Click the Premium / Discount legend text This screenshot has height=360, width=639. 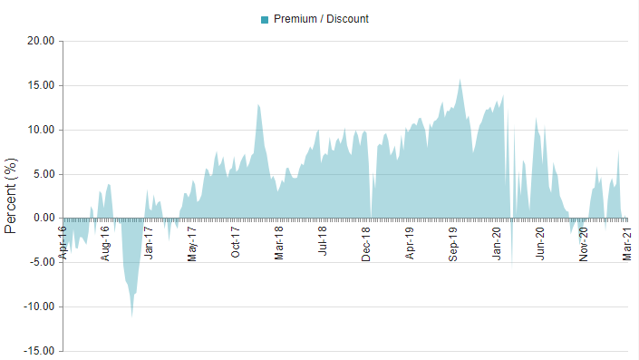(x=321, y=19)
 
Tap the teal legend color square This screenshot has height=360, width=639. (x=265, y=19)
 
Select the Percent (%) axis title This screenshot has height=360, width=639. (x=11, y=195)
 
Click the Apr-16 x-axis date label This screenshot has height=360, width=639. (x=63, y=241)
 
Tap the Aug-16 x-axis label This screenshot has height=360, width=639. (x=106, y=242)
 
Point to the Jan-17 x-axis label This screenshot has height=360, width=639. (x=150, y=242)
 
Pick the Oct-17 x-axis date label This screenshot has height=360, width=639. (x=236, y=242)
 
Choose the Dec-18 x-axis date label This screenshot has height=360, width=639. (x=366, y=242)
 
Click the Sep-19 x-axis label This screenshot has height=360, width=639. (x=453, y=242)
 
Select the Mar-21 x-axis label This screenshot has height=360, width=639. (x=626, y=242)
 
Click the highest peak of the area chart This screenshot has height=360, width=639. (x=460, y=80)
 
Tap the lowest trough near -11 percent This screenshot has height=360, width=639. (x=132, y=315)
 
